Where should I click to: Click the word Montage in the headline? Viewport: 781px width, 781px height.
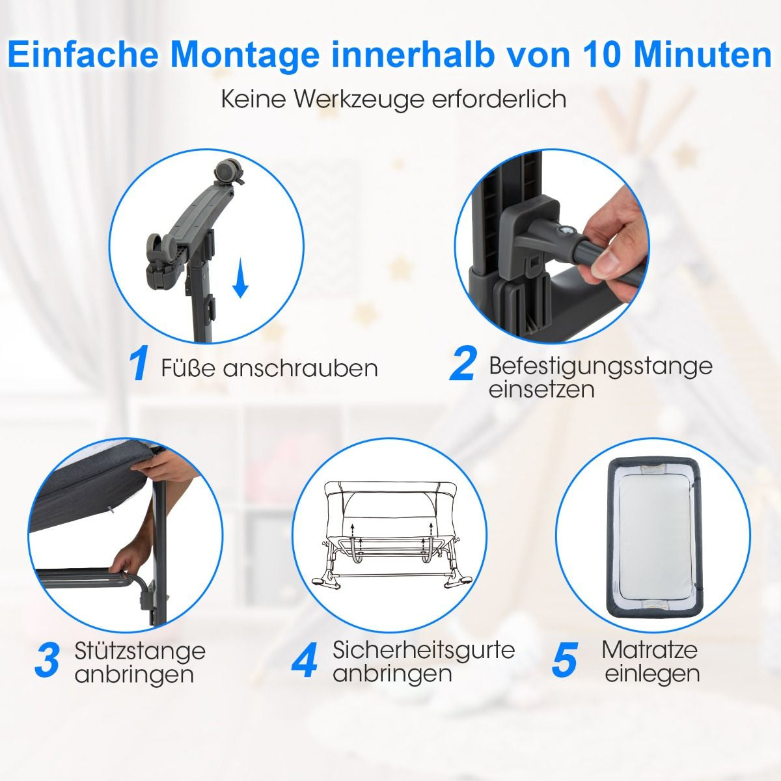pyautogui.click(x=243, y=55)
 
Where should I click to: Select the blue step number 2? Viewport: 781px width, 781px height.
pyautogui.click(x=463, y=365)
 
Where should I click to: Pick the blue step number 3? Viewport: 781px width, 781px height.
pyautogui.click(x=47, y=660)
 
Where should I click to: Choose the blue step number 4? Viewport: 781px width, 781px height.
pyautogui.click(x=305, y=660)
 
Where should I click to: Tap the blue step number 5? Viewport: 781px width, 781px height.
pyautogui.click(x=564, y=660)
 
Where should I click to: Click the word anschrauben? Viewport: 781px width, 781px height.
pyautogui.click(x=301, y=368)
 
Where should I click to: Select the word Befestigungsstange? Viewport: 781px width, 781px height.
pyautogui.click(x=600, y=365)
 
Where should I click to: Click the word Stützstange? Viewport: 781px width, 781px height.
pyautogui.click(x=140, y=650)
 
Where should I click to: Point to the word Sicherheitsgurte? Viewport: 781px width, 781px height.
pyautogui.click(x=424, y=650)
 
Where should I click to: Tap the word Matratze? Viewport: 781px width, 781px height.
pyautogui.click(x=650, y=650)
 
